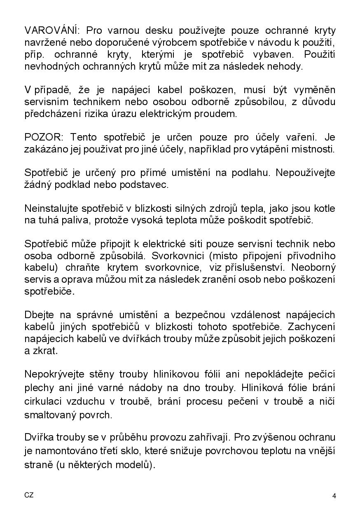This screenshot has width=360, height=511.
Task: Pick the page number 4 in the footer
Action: (334, 496)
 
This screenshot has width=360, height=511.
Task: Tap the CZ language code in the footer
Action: (29, 495)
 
